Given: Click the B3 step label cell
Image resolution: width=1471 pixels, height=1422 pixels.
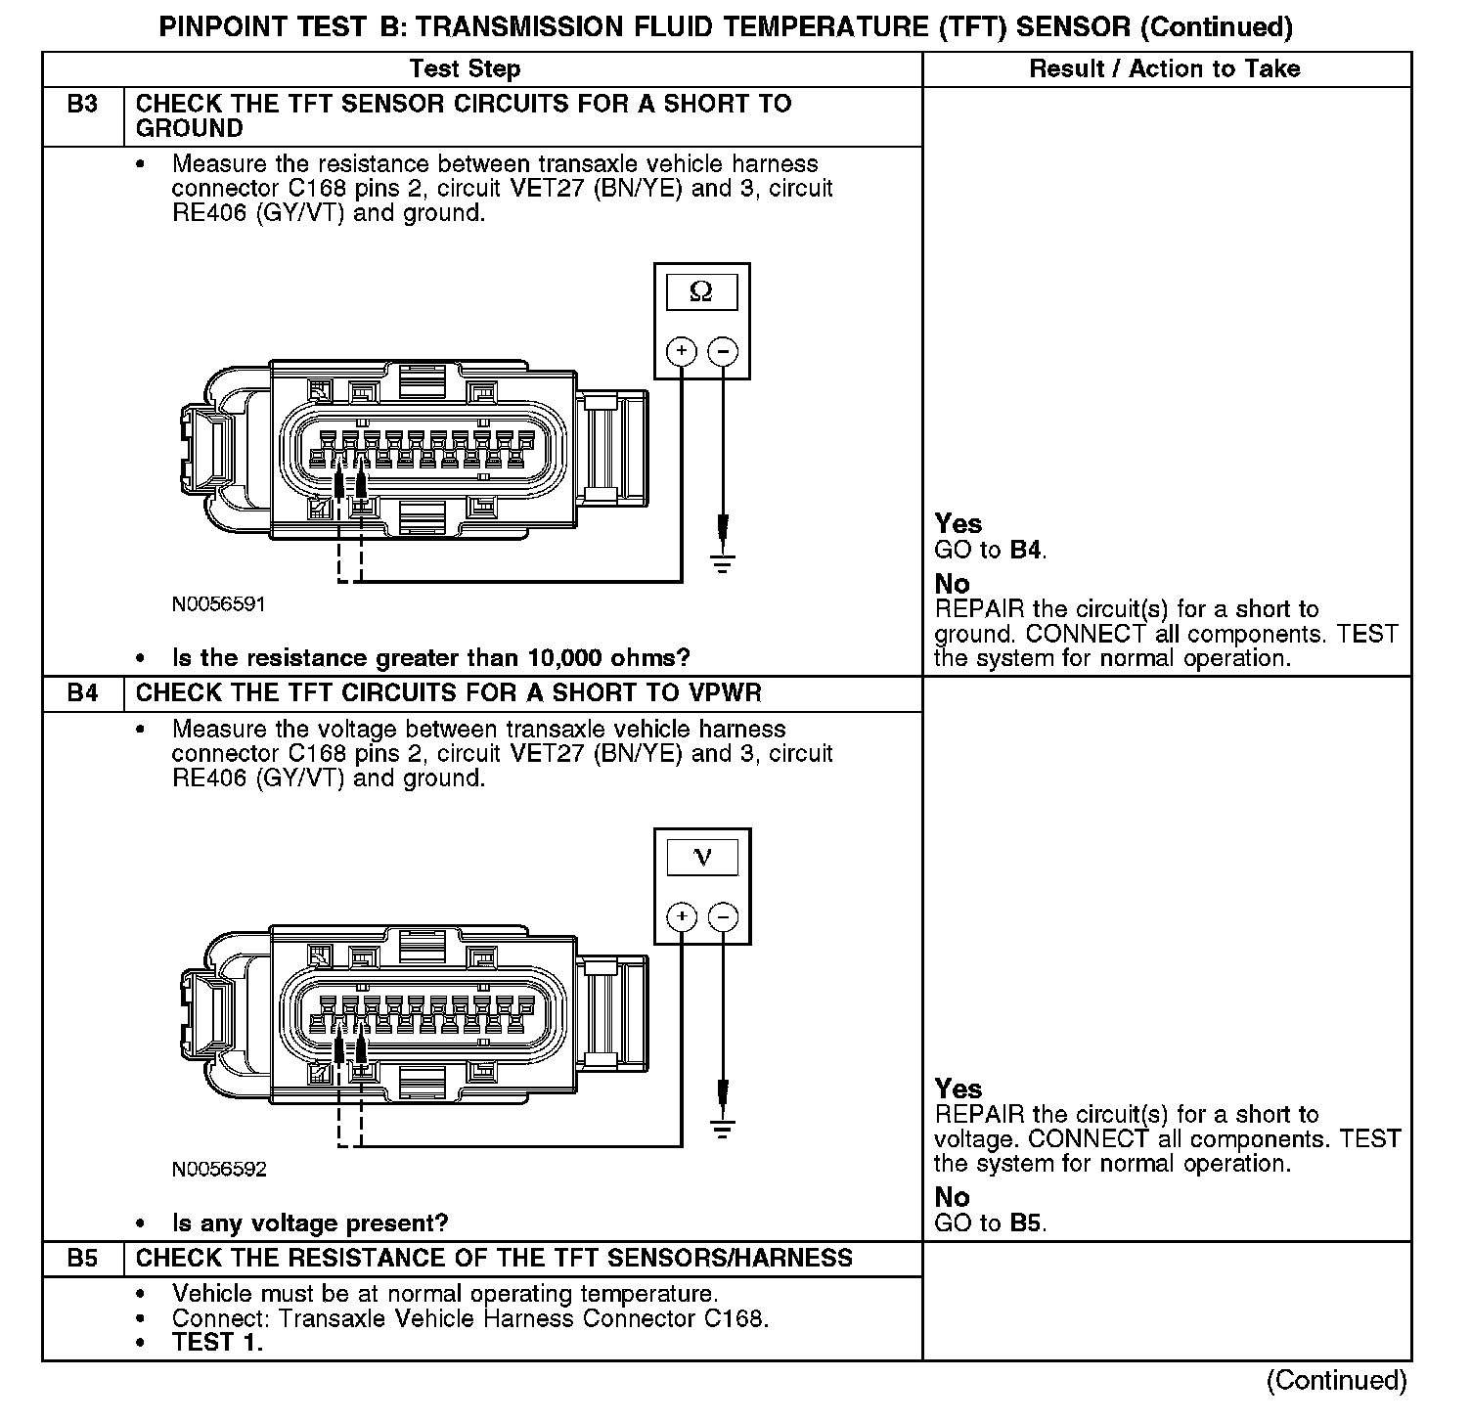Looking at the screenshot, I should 83,105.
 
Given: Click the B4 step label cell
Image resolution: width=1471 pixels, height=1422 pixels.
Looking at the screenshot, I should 83,693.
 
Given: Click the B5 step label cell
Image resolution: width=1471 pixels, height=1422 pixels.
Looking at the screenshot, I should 83,1259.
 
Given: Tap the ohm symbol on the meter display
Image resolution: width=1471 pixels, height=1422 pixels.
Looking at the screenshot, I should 701,291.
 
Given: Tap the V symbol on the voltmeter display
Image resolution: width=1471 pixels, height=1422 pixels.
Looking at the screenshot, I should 702,858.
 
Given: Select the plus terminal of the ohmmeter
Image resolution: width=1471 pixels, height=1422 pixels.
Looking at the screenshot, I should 682,351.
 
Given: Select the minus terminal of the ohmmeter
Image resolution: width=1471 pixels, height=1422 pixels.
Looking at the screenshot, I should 723,351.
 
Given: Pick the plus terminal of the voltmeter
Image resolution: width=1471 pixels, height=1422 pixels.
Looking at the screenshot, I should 682,917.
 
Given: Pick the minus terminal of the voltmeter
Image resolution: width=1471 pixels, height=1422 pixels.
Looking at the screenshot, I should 723,917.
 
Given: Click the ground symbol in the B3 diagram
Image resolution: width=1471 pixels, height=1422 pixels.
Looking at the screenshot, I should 723,562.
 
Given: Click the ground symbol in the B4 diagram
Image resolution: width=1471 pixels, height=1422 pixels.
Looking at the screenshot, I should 723,1130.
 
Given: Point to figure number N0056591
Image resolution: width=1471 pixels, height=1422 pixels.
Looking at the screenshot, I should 218,604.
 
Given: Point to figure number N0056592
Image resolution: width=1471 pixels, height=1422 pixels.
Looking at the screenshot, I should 218,1170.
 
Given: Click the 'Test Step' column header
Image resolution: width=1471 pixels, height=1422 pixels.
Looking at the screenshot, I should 465,68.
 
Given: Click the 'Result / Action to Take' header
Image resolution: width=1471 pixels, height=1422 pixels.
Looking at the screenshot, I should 1165,68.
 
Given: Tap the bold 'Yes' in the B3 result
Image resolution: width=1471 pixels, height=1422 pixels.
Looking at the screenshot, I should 958,524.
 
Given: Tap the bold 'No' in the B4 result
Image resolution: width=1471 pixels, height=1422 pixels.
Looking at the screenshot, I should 952,1198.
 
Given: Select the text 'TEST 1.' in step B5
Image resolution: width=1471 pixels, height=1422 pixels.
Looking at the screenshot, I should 217,1343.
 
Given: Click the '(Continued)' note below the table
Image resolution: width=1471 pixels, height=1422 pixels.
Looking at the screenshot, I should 1336,1381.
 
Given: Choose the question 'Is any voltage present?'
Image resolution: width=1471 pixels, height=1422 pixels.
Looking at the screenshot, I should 310,1223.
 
